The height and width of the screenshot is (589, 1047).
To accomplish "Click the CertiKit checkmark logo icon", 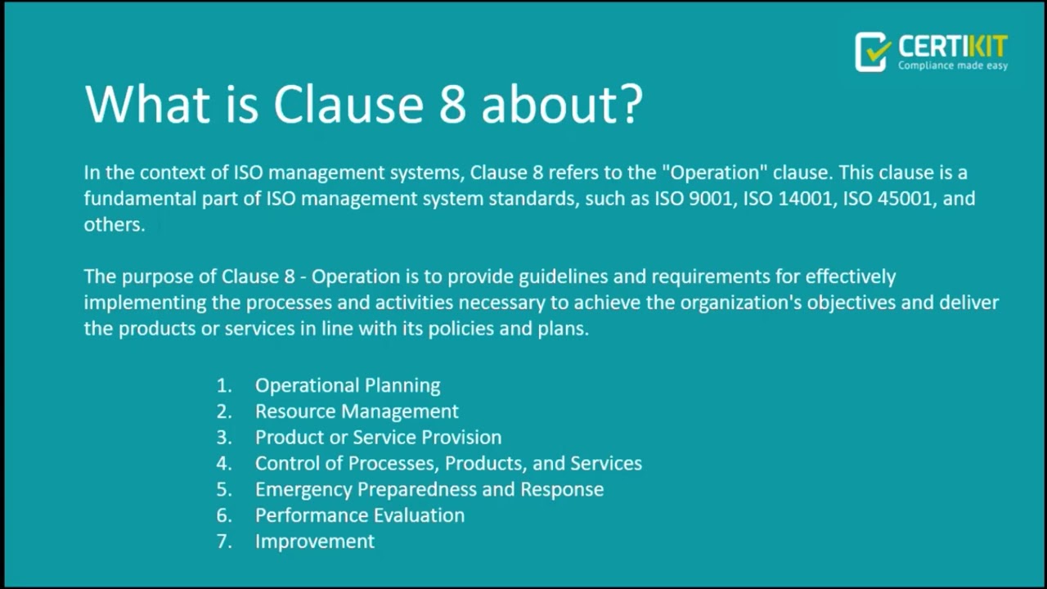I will (x=872, y=52).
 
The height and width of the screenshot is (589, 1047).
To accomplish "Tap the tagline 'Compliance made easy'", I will (x=953, y=65).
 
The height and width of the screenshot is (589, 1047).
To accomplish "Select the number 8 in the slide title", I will (x=452, y=105).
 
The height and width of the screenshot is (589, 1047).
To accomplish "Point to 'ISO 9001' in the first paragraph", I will (x=694, y=199).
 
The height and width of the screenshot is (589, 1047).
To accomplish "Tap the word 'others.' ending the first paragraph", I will (x=114, y=225).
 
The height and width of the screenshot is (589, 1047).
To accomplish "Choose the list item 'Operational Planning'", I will (x=348, y=385).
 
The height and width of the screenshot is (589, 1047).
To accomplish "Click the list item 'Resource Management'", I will (x=357, y=411).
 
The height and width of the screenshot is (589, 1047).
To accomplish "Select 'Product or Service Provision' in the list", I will (x=378, y=438).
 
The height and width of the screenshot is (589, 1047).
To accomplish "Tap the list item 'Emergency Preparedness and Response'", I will (x=429, y=489).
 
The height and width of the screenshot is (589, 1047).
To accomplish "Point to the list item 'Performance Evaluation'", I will (x=360, y=515).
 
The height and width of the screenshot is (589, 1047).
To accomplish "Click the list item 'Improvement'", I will (x=315, y=542).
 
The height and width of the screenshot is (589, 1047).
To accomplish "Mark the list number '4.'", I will (x=224, y=464).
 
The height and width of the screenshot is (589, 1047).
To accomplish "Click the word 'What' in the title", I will (x=146, y=105).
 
